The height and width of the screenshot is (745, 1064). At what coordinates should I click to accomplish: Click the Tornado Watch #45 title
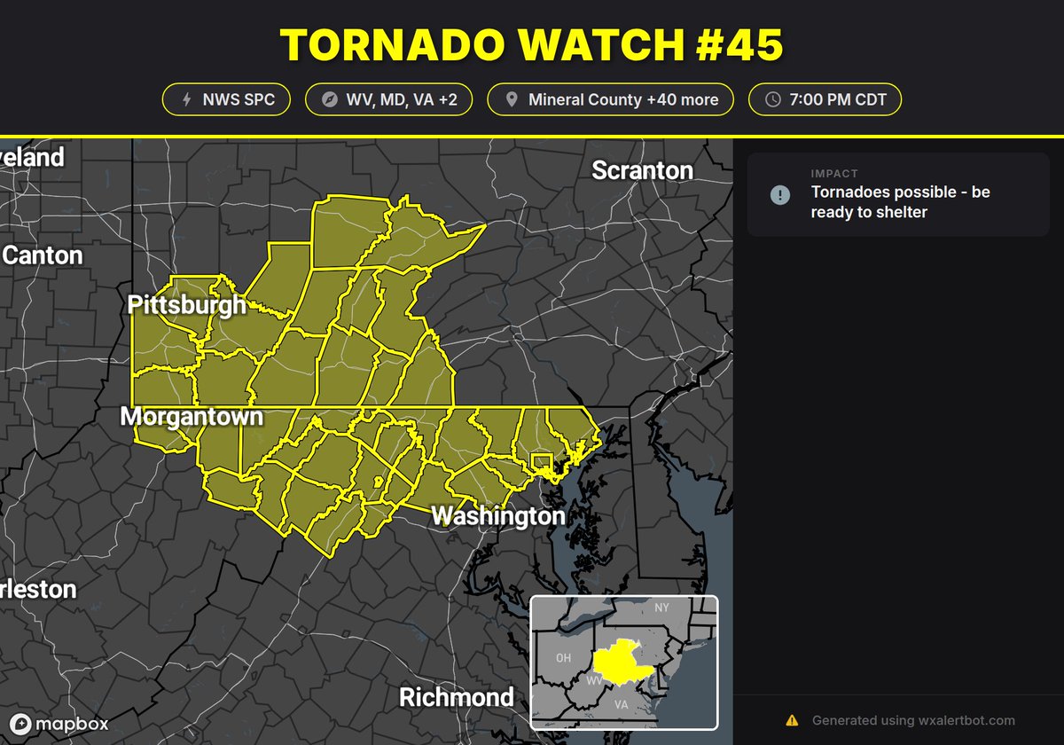[532, 45]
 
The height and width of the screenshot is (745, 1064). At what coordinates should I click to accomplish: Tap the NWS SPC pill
[225, 99]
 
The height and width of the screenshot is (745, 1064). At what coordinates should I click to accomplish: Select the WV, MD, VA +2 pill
[388, 99]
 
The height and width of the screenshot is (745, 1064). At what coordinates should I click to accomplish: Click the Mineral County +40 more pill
[611, 99]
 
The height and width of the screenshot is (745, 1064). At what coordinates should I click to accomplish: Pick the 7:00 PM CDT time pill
[825, 99]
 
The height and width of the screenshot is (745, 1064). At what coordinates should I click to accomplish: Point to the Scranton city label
[642, 169]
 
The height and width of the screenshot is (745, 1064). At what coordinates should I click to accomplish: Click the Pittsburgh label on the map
[187, 306]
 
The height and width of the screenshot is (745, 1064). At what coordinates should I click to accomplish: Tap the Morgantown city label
[192, 416]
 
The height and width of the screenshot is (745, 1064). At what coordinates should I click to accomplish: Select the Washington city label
[497, 515]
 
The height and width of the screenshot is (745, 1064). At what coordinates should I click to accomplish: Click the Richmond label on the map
[456, 696]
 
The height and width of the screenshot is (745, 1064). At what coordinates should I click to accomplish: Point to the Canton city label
[42, 255]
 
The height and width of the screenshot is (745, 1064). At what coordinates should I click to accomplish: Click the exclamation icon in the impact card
[780, 194]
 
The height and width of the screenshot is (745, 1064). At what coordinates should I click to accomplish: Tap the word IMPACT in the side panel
[833, 174]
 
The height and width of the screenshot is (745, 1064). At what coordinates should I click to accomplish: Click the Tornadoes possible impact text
[900, 202]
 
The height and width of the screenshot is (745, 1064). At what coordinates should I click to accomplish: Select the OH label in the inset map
[563, 658]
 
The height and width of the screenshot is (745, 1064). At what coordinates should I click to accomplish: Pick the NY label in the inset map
[661, 608]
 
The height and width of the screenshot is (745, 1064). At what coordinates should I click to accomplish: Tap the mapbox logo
[59, 724]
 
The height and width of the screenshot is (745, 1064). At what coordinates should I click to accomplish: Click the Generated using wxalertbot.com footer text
[913, 720]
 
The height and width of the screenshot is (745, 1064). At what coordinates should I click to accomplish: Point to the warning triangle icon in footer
[792, 720]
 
